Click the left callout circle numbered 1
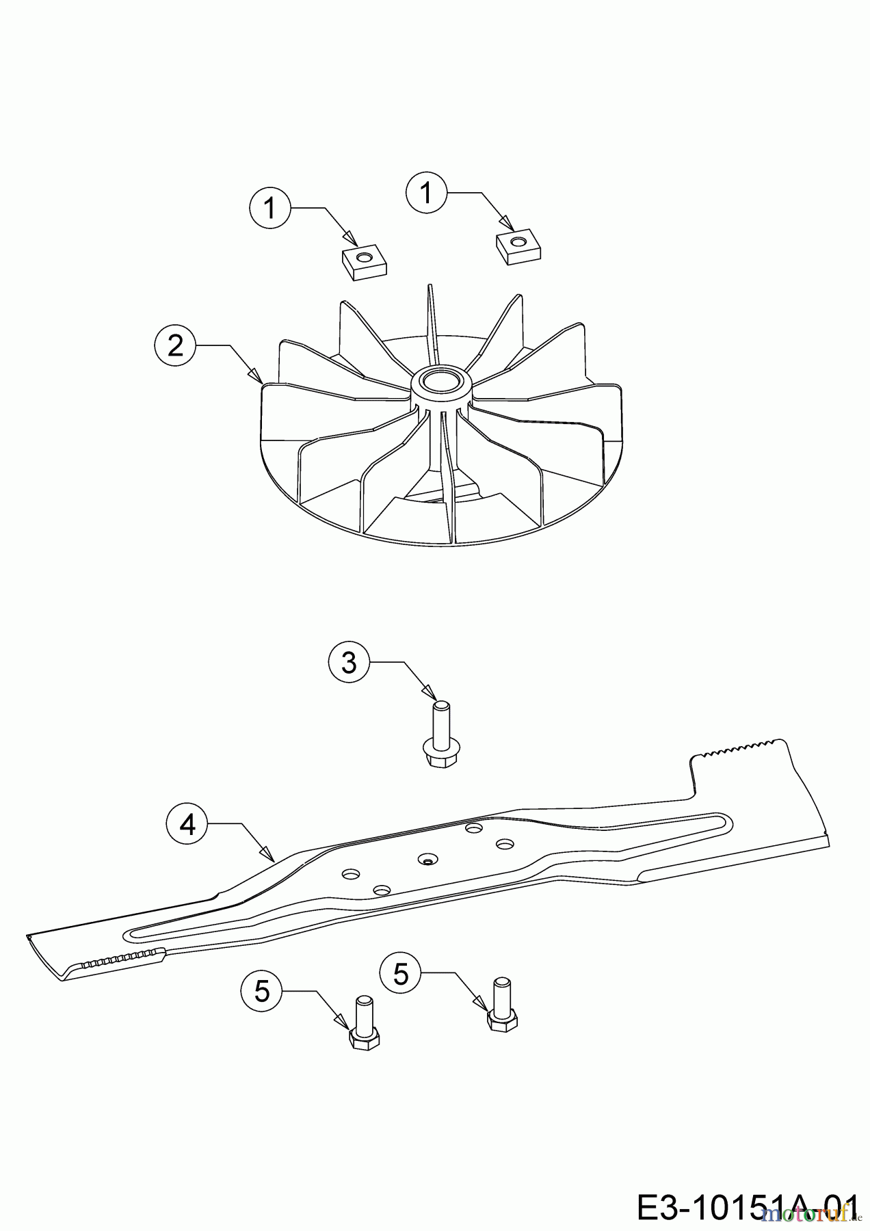coord(269,208)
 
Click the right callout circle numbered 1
coord(427,194)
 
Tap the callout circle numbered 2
coord(175,346)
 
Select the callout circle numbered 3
coord(349,662)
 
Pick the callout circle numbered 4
coord(187,825)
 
